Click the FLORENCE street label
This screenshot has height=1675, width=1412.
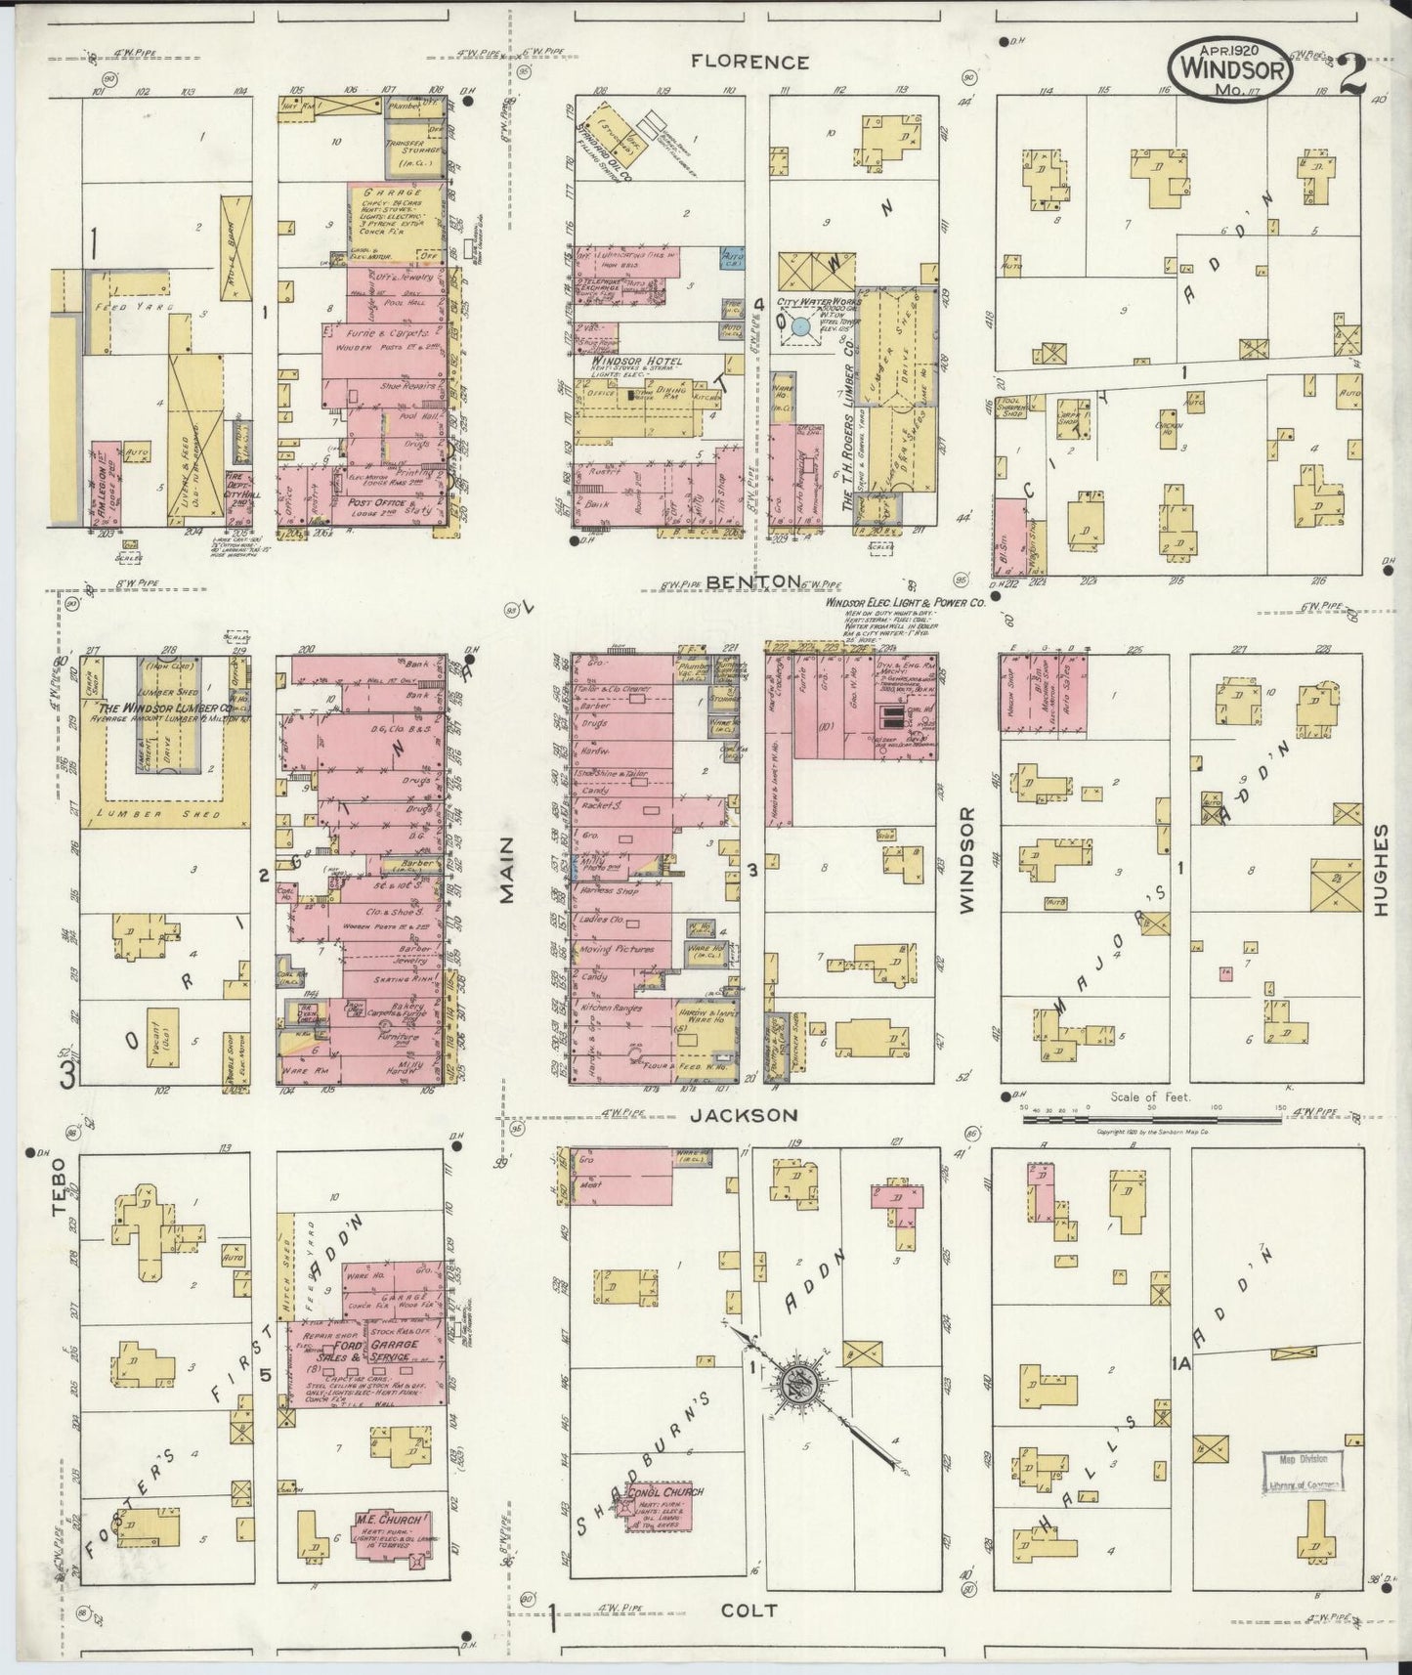(x=749, y=62)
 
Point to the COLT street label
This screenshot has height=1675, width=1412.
(x=749, y=1611)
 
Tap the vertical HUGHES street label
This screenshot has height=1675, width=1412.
(x=1380, y=870)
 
